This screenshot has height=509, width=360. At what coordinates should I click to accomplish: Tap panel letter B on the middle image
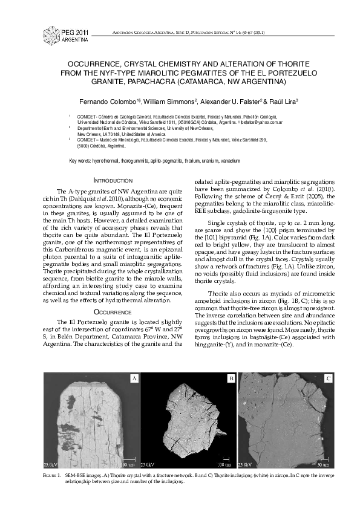point(231,378)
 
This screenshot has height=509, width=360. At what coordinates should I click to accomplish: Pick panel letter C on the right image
point(328,378)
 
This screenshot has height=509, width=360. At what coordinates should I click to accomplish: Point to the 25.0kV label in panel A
point(51,465)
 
